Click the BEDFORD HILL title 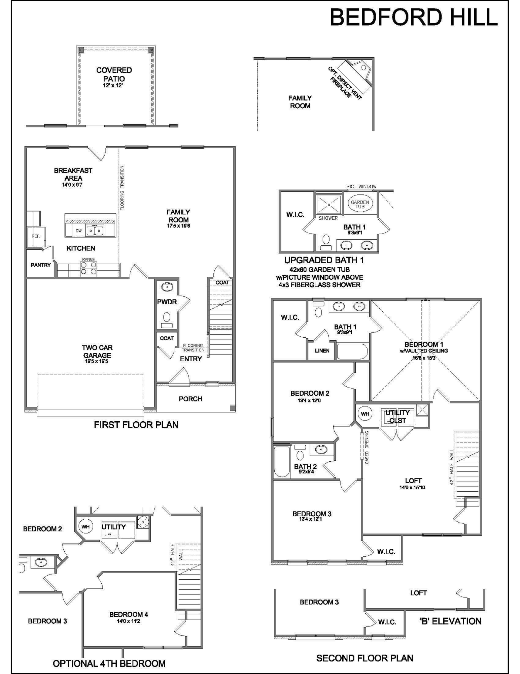click(413, 17)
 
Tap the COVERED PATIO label click(114, 74)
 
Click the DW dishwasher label click(78, 231)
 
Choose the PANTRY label click(41, 265)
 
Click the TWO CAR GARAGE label click(97, 351)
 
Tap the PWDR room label click(167, 302)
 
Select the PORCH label click(190, 399)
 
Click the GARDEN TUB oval click(360, 204)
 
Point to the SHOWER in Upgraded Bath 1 click(328, 205)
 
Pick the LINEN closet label click(322, 350)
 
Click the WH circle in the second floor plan click(365, 413)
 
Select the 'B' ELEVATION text click(450, 621)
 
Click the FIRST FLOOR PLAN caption click(136, 425)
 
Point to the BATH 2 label click(305, 466)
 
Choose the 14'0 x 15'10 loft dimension click(412, 487)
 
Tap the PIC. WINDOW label click(361, 186)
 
